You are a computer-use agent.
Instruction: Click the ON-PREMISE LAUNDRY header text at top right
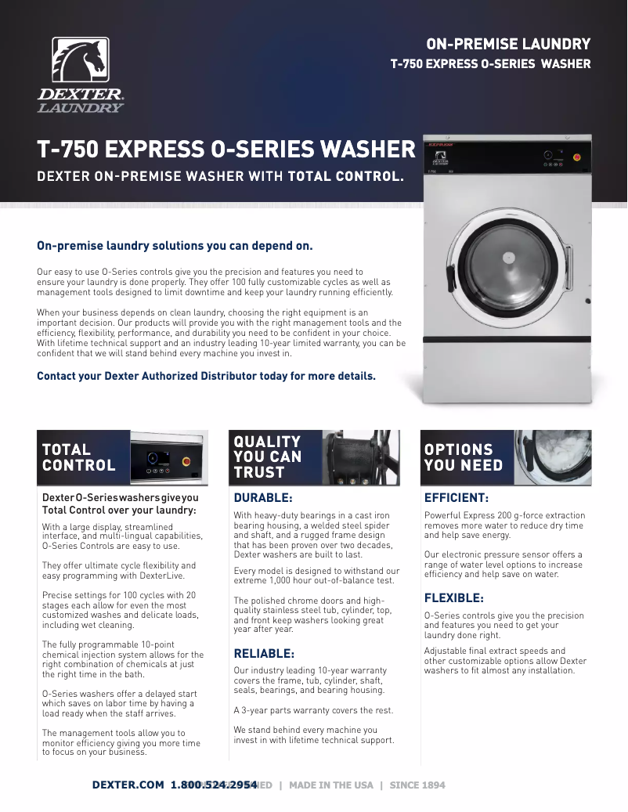click(x=507, y=44)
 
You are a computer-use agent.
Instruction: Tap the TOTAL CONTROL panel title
click(x=78, y=457)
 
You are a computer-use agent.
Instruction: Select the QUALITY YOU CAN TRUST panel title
click(x=267, y=457)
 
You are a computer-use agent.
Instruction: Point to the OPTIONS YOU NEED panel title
click(x=458, y=457)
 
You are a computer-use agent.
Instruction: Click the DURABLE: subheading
click(x=263, y=497)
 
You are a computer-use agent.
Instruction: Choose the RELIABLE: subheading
click(x=264, y=653)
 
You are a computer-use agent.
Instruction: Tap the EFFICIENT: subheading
click(x=456, y=497)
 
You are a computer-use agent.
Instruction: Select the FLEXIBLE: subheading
click(x=453, y=597)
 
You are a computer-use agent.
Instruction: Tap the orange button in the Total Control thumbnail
click(x=186, y=461)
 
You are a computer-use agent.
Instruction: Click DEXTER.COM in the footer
click(x=128, y=785)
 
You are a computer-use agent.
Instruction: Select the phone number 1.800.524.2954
click(x=214, y=785)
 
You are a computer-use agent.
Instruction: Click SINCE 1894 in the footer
click(x=417, y=785)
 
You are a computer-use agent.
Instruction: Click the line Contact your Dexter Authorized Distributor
click(x=206, y=376)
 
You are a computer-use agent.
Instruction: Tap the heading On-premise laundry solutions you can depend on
click(x=175, y=245)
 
